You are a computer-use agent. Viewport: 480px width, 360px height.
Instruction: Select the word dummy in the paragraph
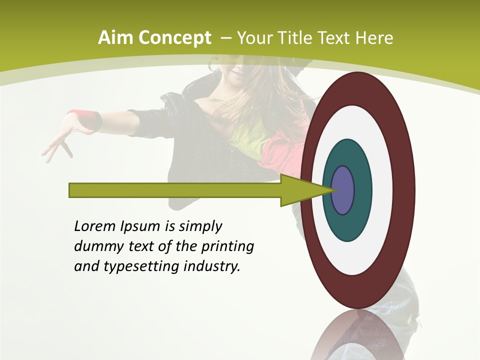click(x=97, y=247)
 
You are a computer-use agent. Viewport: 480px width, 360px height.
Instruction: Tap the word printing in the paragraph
click(x=227, y=247)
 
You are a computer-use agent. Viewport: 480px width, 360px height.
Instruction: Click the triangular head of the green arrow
click(x=300, y=190)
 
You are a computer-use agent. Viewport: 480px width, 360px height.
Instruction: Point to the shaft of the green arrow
click(x=175, y=190)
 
